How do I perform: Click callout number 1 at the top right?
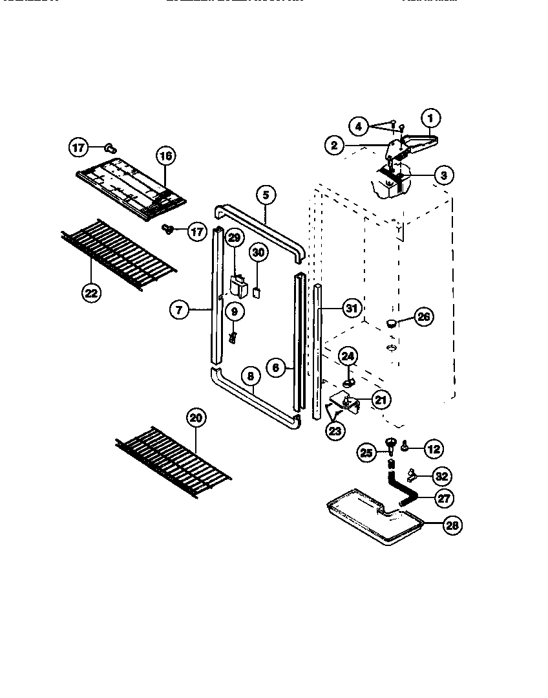point(431,118)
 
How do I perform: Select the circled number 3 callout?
point(443,174)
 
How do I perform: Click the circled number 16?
point(165,156)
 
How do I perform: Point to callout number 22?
point(92,292)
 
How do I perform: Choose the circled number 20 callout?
point(196,418)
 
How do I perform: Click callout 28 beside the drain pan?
point(452,525)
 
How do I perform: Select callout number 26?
point(423,317)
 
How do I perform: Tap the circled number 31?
point(350,309)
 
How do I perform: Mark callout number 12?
point(434,448)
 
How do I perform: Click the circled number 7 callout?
point(179,310)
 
